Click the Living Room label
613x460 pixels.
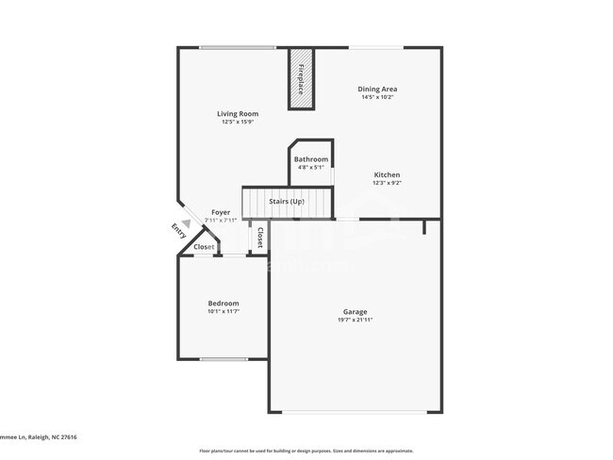pos(240,114)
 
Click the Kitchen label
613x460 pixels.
pos(387,175)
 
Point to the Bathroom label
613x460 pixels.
pos(310,159)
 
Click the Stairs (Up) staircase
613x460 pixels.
pos(287,202)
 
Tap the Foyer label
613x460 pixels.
pos(221,213)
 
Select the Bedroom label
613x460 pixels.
pos(224,304)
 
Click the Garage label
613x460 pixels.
pos(355,312)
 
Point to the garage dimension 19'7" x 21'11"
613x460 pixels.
pos(355,320)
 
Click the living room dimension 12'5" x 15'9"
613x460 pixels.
pos(240,122)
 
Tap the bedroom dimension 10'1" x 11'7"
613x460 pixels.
pos(224,312)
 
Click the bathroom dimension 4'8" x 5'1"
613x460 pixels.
pos(310,168)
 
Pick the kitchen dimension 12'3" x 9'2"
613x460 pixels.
pos(387,184)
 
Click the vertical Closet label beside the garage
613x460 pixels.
pos(259,237)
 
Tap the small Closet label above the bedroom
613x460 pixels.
pos(204,247)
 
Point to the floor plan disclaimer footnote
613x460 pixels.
pos(306,452)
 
